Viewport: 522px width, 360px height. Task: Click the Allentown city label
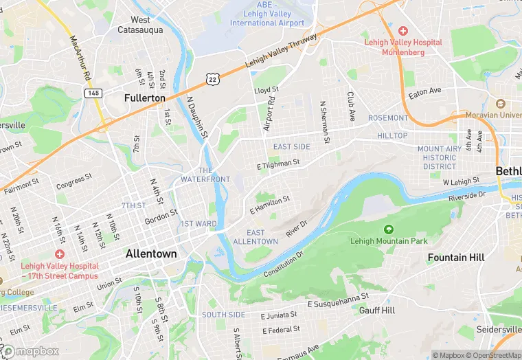[x=151, y=254]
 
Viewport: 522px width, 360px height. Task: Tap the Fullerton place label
[x=145, y=98]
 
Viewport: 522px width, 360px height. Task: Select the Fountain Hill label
[x=456, y=257]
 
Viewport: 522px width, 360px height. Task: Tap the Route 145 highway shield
[x=93, y=92]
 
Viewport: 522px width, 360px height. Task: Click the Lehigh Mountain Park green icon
[x=389, y=229]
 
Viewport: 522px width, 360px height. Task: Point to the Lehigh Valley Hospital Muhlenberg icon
[x=402, y=32]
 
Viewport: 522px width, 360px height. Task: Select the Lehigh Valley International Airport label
[x=267, y=18]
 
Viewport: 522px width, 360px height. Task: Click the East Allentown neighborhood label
[x=255, y=237]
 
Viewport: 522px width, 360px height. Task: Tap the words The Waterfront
[x=205, y=175]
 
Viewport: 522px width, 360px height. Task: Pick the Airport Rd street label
[x=269, y=114]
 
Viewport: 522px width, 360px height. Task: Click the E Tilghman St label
[x=278, y=164]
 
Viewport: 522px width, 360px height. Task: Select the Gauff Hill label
[x=377, y=311]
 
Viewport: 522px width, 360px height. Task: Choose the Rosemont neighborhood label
[x=387, y=118]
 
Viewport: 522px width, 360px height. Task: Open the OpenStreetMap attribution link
[x=491, y=355]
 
